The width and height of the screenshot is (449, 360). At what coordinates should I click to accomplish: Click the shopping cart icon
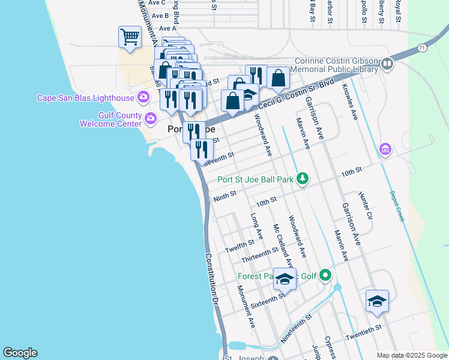click(x=130, y=37)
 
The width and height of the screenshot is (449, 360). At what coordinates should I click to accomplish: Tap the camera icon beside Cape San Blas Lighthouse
click(x=143, y=97)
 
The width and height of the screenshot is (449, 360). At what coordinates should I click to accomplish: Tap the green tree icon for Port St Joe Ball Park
click(x=304, y=178)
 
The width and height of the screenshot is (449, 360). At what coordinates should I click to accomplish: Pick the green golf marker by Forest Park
click(x=325, y=276)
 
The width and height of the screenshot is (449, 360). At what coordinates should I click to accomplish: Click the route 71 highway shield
click(x=423, y=47)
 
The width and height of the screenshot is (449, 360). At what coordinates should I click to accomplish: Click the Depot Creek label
click(x=398, y=206)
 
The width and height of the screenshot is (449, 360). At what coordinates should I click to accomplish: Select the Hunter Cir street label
click(x=366, y=206)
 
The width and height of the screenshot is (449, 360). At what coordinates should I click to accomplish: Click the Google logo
click(x=20, y=353)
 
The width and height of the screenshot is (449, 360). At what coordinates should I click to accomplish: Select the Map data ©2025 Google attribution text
click(x=412, y=355)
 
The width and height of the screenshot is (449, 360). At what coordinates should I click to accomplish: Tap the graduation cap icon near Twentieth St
click(x=377, y=301)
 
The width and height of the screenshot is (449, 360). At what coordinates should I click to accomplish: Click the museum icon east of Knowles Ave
click(x=385, y=148)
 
